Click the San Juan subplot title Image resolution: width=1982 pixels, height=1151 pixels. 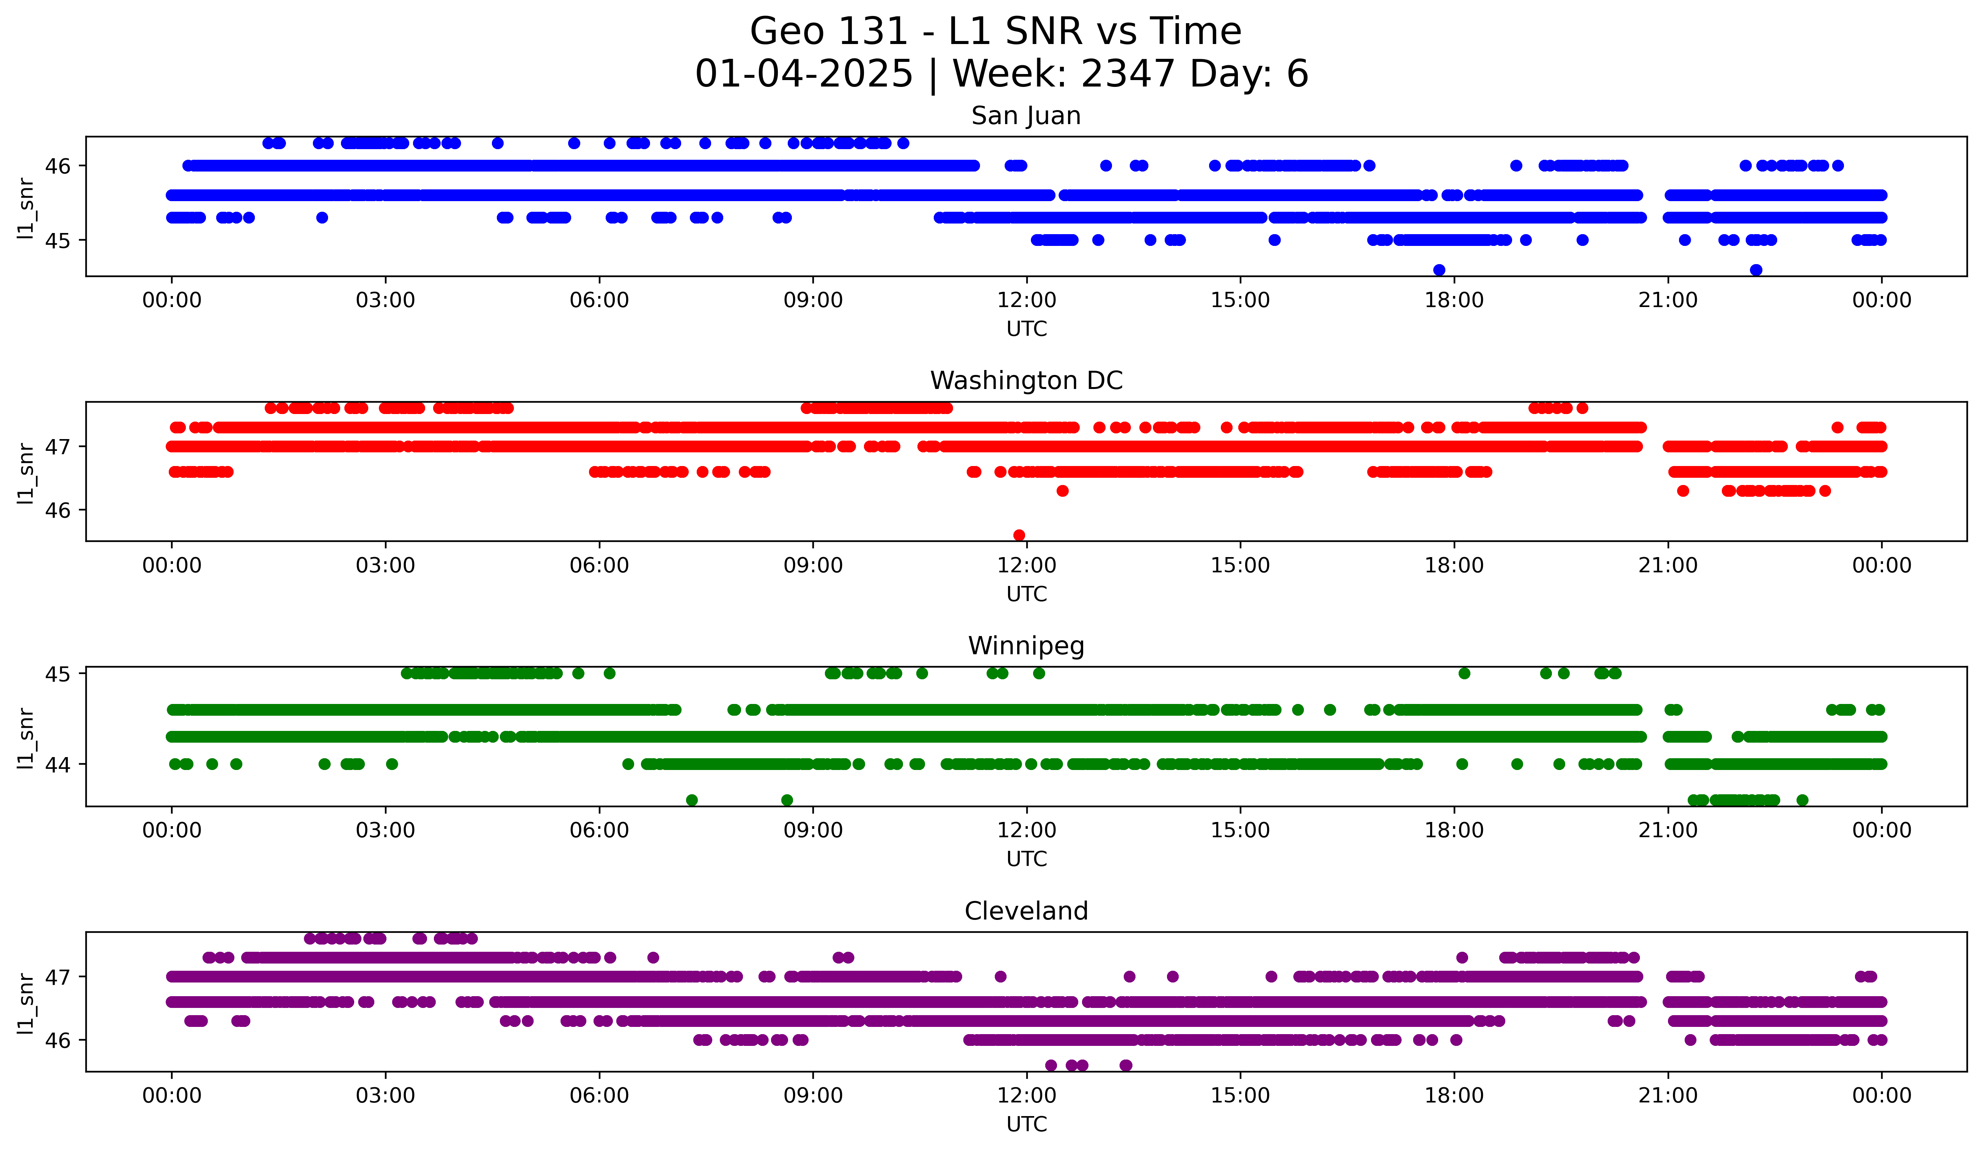pyautogui.click(x=1026, y=116)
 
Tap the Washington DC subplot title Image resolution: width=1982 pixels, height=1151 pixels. pyautogui.click(x=1026, y=381)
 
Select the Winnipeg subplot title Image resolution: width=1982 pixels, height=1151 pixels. pyautogui.click(x=1026, y=646)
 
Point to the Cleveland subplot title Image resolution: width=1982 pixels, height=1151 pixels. pyautogui.click(x=1026, y=911)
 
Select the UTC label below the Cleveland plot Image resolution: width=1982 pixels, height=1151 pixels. pyautogui.click(x=1026, y=1124)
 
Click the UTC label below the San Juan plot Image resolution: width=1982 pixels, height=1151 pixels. pyautogui.click(x=1026, y=329)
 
